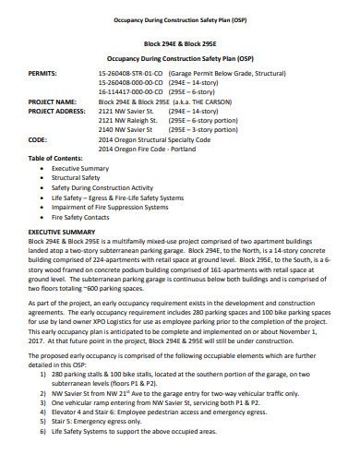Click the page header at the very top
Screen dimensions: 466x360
(x=180, y=18)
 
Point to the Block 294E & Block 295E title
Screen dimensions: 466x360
(x=180, y=43)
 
